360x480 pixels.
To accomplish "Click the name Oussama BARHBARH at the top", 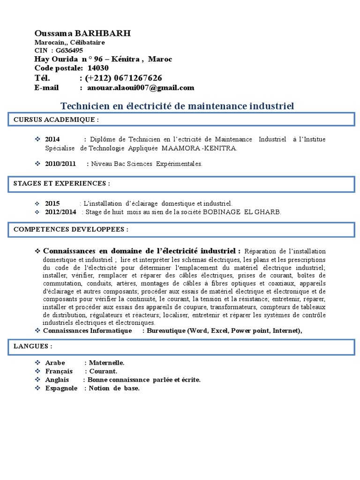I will [x=82, y=33].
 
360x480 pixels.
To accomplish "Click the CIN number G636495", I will [x=69, y=51].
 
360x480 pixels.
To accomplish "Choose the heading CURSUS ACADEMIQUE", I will [x=56, y=120].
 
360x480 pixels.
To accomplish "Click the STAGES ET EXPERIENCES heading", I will [x=62, y=183].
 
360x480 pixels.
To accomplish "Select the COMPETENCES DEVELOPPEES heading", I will [x=71, y=230].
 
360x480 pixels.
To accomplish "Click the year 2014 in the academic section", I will [x=52, y=140].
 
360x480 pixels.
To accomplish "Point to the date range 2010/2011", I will [x=60, y=164].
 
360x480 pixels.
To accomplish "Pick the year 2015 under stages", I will [x=52, y=203].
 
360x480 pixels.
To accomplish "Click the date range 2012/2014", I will [x=60, y=212].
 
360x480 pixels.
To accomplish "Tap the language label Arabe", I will [x=54, y=363].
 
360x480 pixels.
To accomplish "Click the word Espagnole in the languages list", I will [x=61, y=388].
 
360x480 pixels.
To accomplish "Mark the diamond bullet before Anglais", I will [x=38, y=380].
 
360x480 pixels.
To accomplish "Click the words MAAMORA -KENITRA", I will [x=199, y=148].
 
